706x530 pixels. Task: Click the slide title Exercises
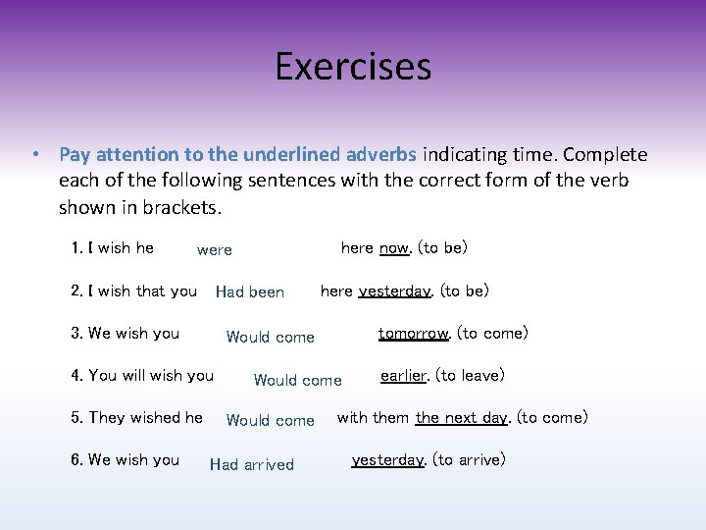(x=353, y=67)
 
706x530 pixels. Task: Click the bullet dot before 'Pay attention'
(x=34, y=155)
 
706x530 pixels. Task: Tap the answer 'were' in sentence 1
(x=215, y=250)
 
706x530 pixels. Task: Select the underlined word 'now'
(x=394, y=248)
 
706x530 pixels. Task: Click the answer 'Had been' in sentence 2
(x=250, y=291)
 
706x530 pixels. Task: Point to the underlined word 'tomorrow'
(x=414, y=334)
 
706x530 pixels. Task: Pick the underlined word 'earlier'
(x=405, y=376)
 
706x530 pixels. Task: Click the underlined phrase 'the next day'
(x=461, y=418)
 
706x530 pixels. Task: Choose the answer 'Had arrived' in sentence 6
(x=252, y=465)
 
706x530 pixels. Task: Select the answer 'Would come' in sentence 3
(x=271, y=338)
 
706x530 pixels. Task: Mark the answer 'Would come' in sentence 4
(x=298, y=381)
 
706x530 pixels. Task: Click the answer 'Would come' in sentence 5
(x=271, y=421)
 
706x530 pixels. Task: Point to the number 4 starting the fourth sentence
(x=76, y=376)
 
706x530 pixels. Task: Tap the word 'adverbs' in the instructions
(x=381, y=155)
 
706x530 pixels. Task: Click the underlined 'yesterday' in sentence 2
(x=394, y=291)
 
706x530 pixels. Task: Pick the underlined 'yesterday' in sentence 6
(x=387, y=460)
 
